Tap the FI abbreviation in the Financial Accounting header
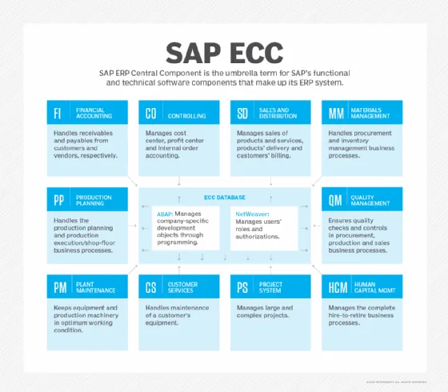58,113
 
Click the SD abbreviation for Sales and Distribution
242,113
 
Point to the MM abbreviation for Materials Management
335,113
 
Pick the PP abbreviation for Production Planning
60,200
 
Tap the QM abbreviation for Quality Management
335,200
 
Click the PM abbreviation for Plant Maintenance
60,286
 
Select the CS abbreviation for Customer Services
151,286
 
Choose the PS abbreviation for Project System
242,286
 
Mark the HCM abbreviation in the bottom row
338,286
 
